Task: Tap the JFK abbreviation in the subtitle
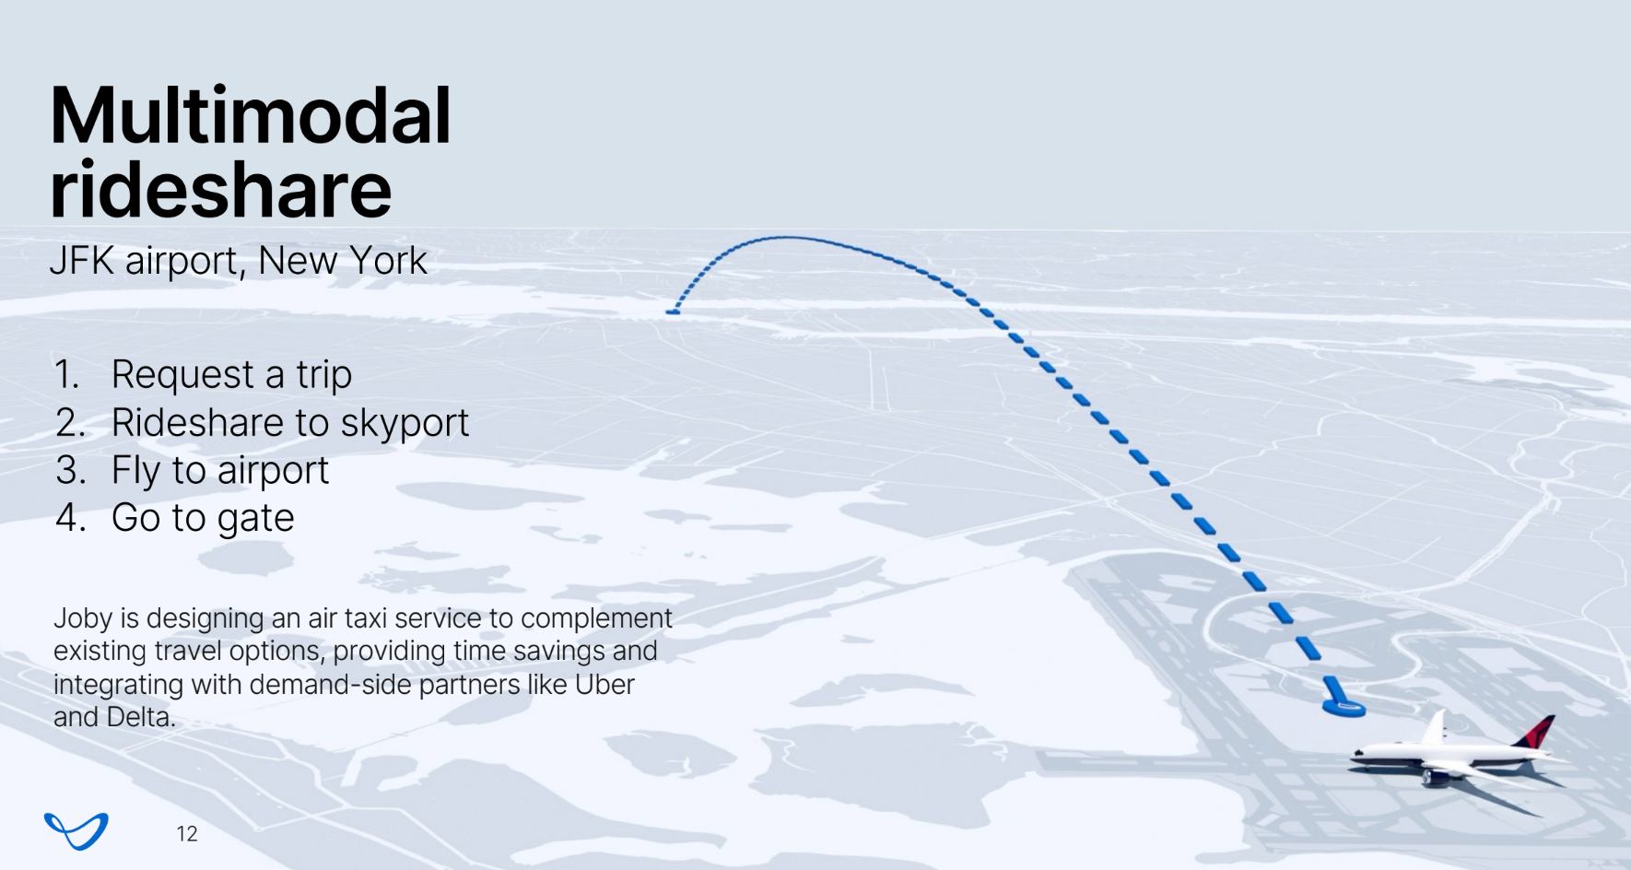tap(82, 261)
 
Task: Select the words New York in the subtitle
tap(343, 261)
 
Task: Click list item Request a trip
tap(231, 375)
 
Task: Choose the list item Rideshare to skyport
tap(290, 423)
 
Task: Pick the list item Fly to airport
tap(220, 471)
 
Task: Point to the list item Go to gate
tap(203, 518)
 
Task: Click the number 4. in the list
tap(71, 518)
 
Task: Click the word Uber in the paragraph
tap(604, 685)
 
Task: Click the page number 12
tap(187, 834)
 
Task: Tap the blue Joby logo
tap(76, 830)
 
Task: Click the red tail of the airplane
tap(1534, 734)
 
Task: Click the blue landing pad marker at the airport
tap(1344, 708)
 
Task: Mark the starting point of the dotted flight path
tap(672, 312)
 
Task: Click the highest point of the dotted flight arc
tap(786, 238)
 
